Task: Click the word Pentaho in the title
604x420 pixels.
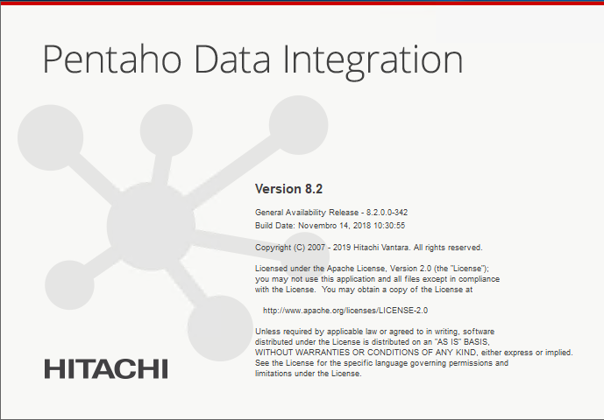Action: (x=111, y=59)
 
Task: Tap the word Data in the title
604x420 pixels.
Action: (x=232, y=59)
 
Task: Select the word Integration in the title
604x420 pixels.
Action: (x=373, y=61)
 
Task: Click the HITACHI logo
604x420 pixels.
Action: (x=106, y=369)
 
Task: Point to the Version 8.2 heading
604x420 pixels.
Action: (x=288, y=189)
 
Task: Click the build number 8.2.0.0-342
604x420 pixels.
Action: (x=387, y=213)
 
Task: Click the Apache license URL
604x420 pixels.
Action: (x=345, y=311)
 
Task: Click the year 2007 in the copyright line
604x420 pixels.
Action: (x=316, y=248)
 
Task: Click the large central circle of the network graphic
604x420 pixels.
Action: (x=151, y=226)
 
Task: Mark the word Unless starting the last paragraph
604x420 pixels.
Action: (x=266, y=331)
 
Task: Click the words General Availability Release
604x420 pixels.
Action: (x=307, y=213)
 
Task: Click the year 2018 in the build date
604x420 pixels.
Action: (x=362, y=226)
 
